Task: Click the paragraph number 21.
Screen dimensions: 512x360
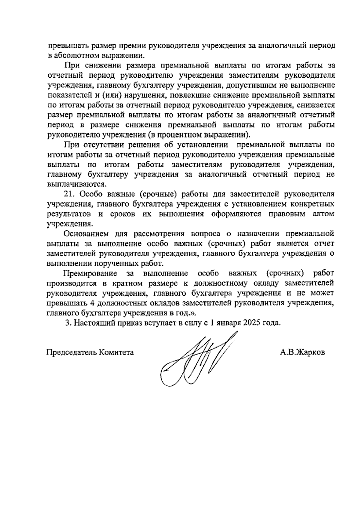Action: [x=69, y=194]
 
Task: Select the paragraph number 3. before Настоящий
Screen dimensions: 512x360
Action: [x=68, y=324]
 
